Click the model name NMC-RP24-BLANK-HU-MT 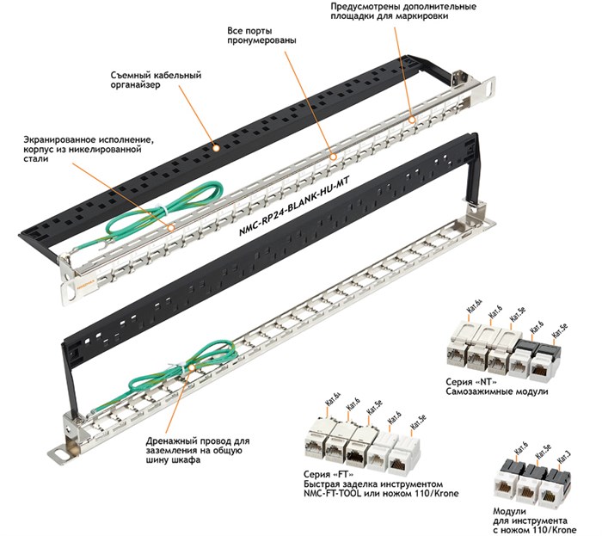pos(294,206)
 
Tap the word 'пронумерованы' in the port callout pos(261,40)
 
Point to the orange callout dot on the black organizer pos(216,147)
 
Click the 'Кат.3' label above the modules pos(564,457)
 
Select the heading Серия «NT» pos(471,382)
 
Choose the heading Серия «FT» pos(329,474)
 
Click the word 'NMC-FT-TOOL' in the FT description pos(332,493)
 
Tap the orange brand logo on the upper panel pos(83,286)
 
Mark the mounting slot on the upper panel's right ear pos(488,87)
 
